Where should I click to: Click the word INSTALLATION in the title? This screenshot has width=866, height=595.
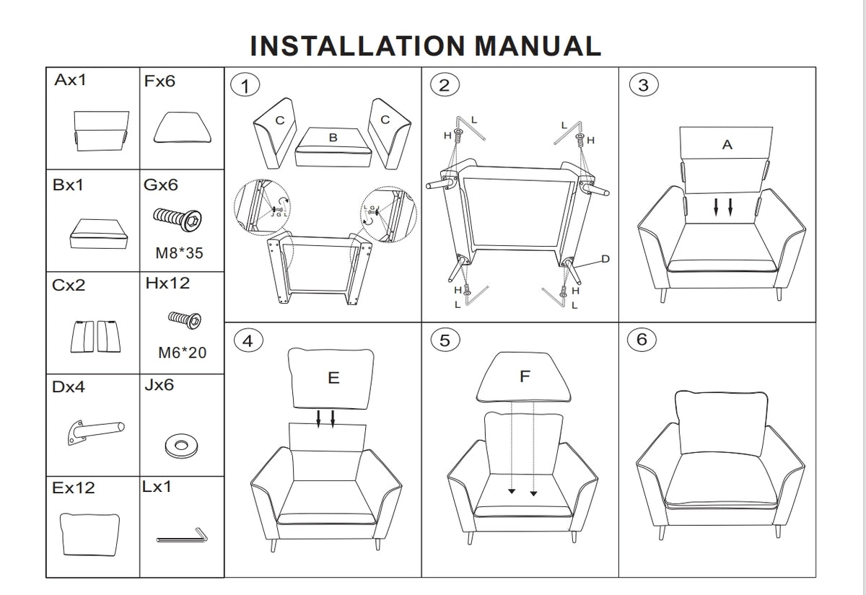(357, 46)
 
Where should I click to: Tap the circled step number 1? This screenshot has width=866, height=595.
(245, 86)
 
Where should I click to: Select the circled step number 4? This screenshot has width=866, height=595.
(248, 341)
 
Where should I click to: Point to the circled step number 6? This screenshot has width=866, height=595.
(642, 339)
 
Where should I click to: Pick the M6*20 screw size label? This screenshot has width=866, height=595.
(182, 353)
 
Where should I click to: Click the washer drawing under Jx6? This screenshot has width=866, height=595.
(180, 445)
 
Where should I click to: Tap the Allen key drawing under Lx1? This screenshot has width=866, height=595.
(182, 536)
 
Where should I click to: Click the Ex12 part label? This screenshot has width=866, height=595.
(74, 488)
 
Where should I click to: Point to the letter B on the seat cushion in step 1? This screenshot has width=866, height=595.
(333, 137)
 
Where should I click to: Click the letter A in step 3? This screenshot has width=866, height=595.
(727, 145)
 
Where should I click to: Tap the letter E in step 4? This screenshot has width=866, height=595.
(333, 378)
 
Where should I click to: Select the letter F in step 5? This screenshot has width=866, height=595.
(525, 376)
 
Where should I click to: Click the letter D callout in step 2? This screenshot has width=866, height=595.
(605, 259)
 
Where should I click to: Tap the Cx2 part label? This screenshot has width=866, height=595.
(69, 285)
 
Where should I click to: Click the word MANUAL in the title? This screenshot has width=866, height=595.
(538, 46)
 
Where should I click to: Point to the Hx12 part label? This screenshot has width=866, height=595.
(167, 283)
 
